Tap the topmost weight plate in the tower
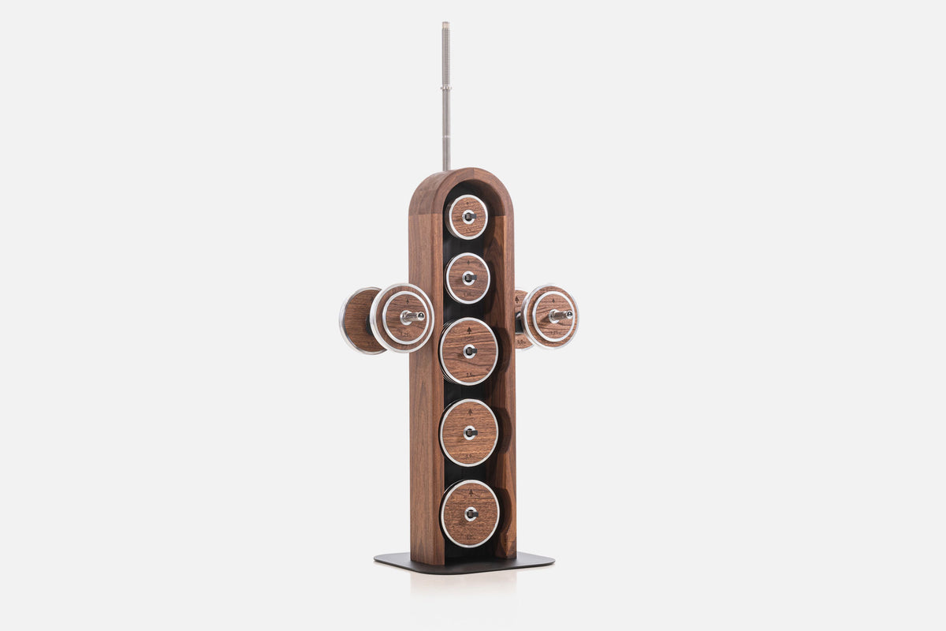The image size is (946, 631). tap(467, 217)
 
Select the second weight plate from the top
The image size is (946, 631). tap(467, 278)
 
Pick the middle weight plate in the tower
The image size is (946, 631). tap(469, 351)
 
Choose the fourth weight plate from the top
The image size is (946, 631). tap(469, 432)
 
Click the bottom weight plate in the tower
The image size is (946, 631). tap(470, 513)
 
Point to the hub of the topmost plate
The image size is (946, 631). tap(468, 216)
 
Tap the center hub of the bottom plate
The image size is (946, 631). tap(471, 513)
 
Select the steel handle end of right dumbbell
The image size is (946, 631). tap(561, 315)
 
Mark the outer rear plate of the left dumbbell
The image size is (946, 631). tap(356, 320)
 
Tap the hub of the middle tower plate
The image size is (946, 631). tap(470, 351)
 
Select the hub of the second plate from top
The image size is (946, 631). tap(469, 278)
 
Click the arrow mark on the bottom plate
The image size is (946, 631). tap(470, 492)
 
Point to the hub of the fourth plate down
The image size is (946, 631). tap(470, 432)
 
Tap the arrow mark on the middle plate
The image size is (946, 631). tap(469, 330)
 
